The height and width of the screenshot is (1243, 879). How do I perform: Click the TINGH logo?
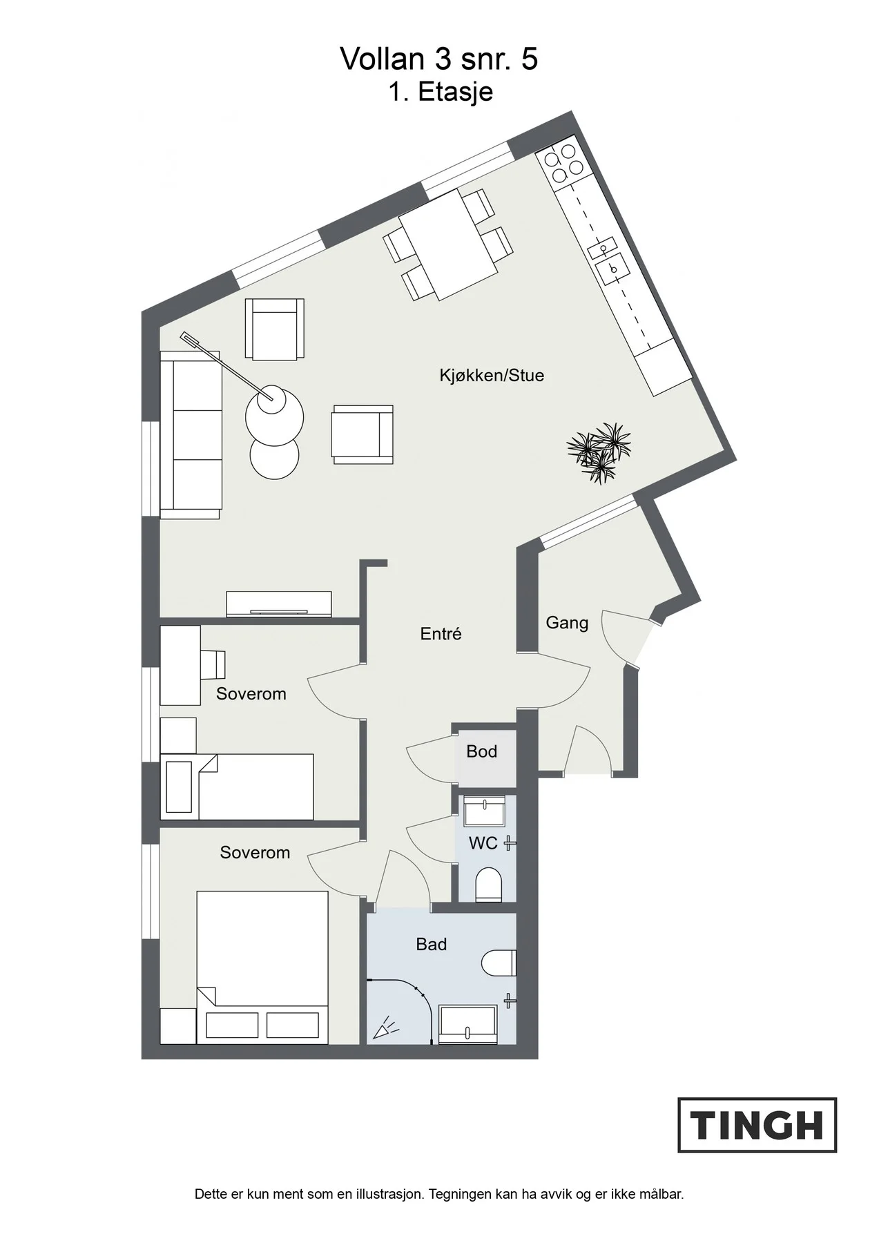click(x=757, y=1125)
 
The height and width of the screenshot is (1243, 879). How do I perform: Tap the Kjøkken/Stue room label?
click(x=492, y=376)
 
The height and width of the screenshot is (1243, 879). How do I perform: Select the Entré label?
click(x=441, y=633)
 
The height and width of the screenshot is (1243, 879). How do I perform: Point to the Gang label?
click(x=567, y=623)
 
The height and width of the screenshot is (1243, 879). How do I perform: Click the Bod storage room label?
click(x=481, y=751)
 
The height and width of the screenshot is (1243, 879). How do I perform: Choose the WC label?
click(x=483, y=843)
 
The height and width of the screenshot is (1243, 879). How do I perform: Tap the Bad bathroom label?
click(x=431, y=944)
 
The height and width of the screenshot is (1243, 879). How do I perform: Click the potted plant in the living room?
click(x=598, y=452)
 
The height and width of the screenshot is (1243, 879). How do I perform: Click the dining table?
click(x=447, y=244)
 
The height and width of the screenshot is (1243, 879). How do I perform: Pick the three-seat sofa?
click(x=190, y=434)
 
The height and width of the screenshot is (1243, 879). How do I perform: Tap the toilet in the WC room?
click(x=489, y=885)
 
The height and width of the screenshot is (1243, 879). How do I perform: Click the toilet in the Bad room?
click(x=499, y=963)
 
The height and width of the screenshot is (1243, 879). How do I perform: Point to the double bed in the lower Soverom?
click(x=262, y=967)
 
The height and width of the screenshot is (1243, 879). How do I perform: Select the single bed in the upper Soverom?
click(x=237, y=787)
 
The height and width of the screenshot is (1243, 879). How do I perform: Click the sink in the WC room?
click(x=485, y=811)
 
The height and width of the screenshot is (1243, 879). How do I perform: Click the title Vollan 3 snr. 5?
click(x=439, y=59)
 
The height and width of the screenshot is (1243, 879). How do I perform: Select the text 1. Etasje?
click(x=441, y=92)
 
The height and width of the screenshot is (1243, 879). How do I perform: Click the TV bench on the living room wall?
click(x=279, y=604)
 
